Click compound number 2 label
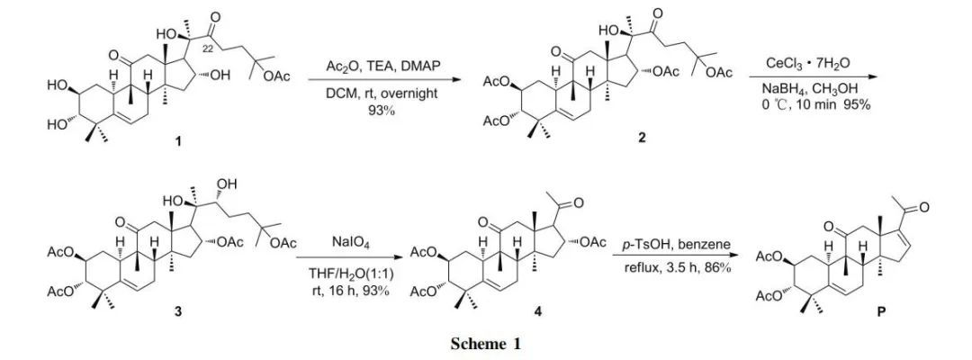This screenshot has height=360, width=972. coord(641,140)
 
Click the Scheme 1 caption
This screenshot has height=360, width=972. coord(487,344)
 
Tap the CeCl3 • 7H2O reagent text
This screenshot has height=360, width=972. coord(814,62)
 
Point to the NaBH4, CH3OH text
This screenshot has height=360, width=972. coord(814,91)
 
